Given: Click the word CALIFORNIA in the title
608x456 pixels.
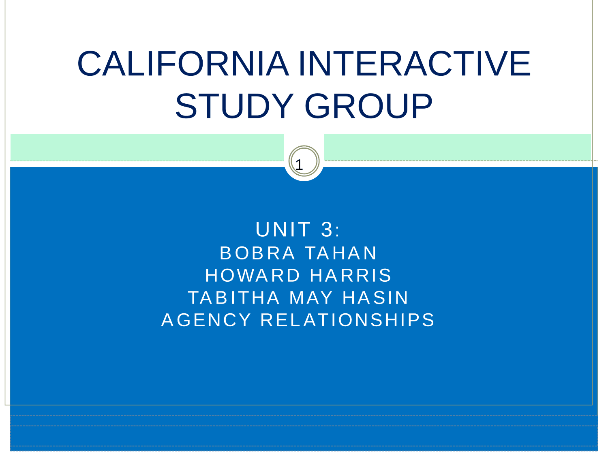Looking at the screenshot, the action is coord(183,63).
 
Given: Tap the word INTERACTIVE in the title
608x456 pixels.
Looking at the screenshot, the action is coord(415,63).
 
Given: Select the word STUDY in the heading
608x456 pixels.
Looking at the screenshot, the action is coord(234,106).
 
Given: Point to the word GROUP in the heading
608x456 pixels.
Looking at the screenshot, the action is coord(368,106).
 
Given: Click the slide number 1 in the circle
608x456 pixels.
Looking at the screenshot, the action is coord(299,165).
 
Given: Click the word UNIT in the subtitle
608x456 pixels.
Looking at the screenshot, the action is coord(283,229).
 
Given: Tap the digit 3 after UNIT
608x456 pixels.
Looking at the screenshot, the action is coord(326,229).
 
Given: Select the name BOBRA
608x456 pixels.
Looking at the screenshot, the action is coord(257,253).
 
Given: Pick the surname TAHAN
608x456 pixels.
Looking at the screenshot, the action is coord(341,253).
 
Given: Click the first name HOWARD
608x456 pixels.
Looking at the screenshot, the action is coord(253,276).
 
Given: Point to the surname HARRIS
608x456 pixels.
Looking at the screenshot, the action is coord(350,276).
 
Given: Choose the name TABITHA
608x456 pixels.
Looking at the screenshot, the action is coord(234,298).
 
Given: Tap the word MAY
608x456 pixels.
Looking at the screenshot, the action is coord(311,298).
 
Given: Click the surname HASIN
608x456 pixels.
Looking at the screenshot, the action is coord(375,298).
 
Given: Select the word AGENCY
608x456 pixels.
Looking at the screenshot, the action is coord(206,320).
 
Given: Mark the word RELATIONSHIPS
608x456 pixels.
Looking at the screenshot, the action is coord(348,320).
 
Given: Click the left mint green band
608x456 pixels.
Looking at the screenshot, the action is coord(147,147).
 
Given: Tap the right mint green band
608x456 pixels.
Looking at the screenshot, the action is coord(458,147).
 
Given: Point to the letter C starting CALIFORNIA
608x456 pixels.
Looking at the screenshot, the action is coord(89,63).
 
